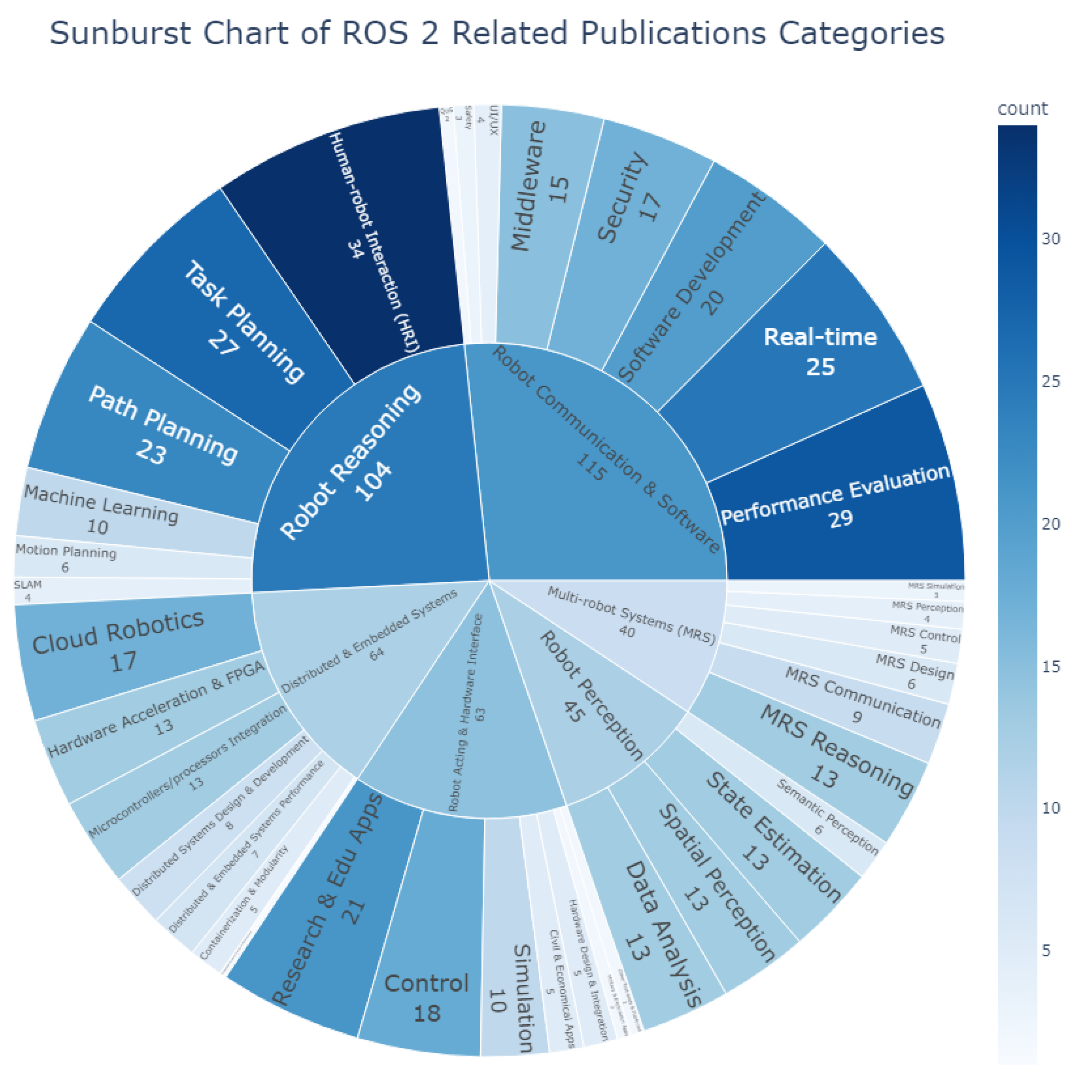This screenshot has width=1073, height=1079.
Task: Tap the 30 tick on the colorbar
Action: click(x=1051, y=239)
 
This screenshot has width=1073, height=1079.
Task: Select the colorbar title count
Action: click(x=1022, y=108)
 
